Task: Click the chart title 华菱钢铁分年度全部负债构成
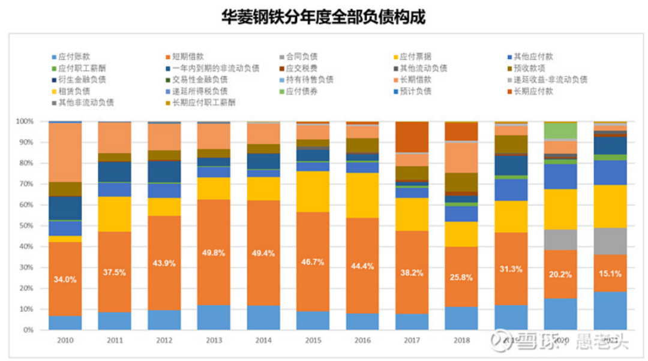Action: click(x=323, y=16)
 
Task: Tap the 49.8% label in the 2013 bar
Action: click(x=214, y=252)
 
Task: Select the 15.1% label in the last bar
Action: click(x=610, y=273)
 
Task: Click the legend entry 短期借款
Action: click(x=184, y=57)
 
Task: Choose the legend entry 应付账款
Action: click(x=74, y=57)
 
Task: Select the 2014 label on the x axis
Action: click(x=263, y=339)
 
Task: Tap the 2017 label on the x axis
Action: click(x=412, y=339)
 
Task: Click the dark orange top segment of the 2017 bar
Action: click(x=412, y=137)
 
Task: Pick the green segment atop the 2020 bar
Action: click(x=560, y=131)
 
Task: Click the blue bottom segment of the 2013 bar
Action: click(x=214, y=317)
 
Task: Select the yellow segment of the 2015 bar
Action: click(x=313, y=191)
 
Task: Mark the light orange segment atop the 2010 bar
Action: click(x=65, y=152)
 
